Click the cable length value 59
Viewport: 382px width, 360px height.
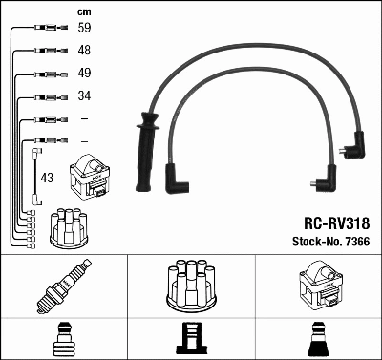pyautogui.click(x=84, y=30)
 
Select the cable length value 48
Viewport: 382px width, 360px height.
pyautogui.click(x=84, y=52)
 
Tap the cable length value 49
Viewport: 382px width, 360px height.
pyautogui.click(x=84, y=74)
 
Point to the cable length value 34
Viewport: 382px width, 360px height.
pyautogui.click(x=84, y=95)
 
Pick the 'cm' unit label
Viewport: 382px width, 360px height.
pyautogui.click(x=82, y=11)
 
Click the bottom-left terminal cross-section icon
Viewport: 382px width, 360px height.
pyautogui.click(x=64, y=340)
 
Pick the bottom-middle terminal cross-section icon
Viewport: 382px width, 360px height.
pyautogui.click(x=191, y=340)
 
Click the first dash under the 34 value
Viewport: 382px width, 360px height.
pyautogui.click(x=84, y=118)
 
